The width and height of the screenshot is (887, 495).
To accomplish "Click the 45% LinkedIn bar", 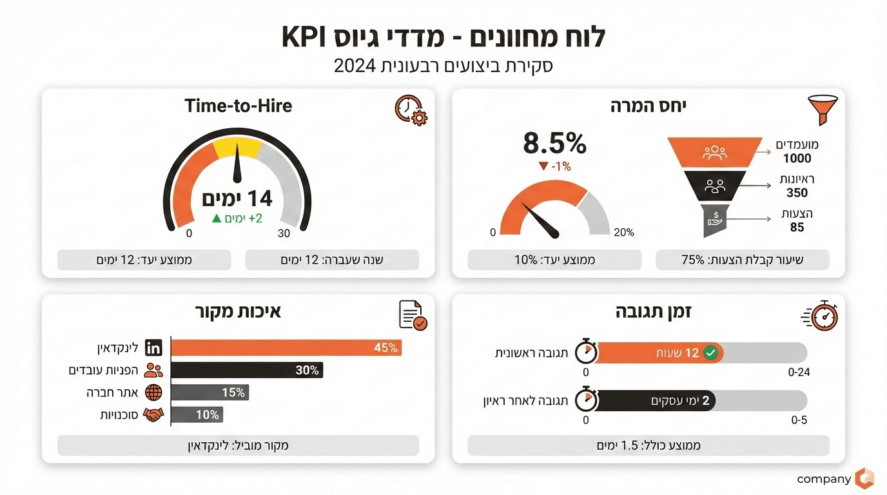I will click(287, 348).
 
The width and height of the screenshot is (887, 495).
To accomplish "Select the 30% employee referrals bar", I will click(247, 370).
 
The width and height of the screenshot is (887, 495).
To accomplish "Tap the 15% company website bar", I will click(210, 392).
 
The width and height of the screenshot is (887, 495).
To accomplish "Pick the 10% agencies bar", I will click(197, 414).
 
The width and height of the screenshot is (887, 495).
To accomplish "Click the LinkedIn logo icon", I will click(153, 348).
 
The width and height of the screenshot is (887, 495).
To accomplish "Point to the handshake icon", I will click(153, 414).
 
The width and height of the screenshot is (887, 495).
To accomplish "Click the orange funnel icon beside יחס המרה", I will click(820, 110).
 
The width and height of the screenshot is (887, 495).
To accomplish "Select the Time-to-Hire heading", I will click(238, 106).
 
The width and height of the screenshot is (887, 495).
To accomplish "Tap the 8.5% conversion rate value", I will click(554, 144).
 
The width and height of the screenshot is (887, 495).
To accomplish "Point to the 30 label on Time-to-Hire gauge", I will click(284, 233).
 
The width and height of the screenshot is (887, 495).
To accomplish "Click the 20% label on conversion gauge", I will click(623, 233).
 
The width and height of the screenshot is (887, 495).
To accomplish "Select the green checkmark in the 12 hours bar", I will click(710, 353).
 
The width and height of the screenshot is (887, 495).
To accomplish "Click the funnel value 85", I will click(797, 228).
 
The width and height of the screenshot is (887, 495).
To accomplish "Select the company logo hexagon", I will click(864, 478).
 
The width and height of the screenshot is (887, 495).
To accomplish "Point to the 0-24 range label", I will click(797, 373).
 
